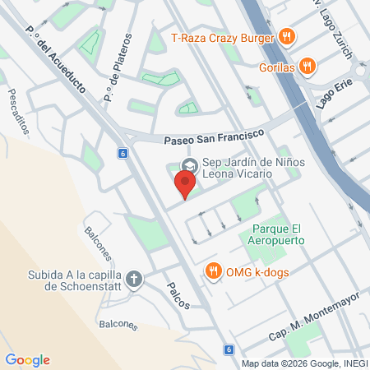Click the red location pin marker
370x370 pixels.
pyautogui.click(x=187, y=185)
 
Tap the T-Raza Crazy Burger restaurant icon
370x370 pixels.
pyautogui.click(x=286, y=36)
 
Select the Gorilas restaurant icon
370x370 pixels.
pyautogui.click(x=307, y=66)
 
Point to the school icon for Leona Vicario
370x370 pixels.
pyautogui.click(x=188, y=164)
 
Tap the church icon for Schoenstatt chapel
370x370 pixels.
pyautogui.click(x=135, y=280)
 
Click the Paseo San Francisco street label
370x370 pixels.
pyautogui.click(x=212, y=136)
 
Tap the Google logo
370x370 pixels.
pyautogui.click(x=28, y=360)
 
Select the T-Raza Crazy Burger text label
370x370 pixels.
pyautogui.click(x=223, y=37)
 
